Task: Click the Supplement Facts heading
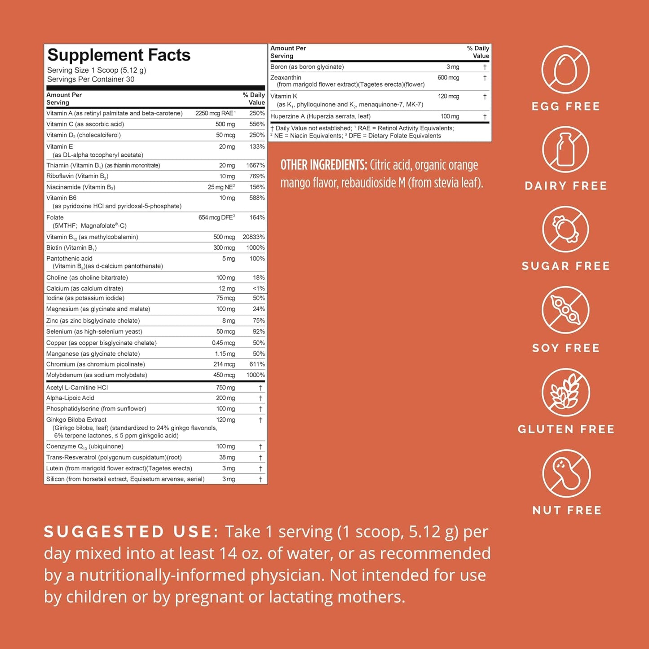(x=119, y=55)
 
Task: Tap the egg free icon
(x=565, y=70)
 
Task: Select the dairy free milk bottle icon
(x=565, y=150)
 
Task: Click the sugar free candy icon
(x=565, y=230)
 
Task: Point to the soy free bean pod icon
(x=565, y=310)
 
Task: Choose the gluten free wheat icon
(x=565, y=392)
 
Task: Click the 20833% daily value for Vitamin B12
(x=253, y=237)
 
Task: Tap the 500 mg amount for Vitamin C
(x=225, y=124)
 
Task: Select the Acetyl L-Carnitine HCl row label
(x=77, y=387)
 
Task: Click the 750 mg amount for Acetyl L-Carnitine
(x=225, y=387)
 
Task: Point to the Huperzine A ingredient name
(x=320, y=116)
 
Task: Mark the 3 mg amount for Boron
(x=452, y=67)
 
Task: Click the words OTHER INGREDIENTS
(x=324, y=165)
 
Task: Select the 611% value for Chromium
(x=257, y=364)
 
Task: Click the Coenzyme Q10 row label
(x=84, y=446)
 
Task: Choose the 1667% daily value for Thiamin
(x=255, y=165)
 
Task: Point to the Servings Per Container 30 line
(x=91, y=79)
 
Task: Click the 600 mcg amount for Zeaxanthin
(x=448, y=78)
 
